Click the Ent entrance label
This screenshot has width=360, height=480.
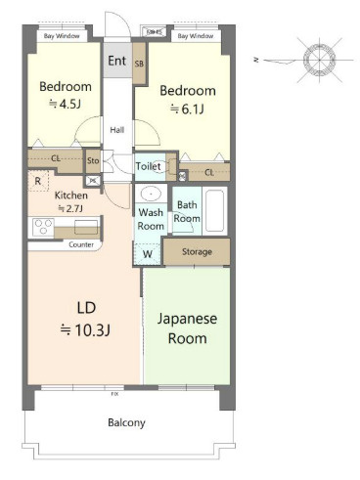[116, 61]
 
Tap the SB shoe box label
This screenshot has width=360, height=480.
[139, 64]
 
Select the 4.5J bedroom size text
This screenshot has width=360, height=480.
[65, 104]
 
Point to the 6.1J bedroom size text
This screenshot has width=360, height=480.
[187, 109]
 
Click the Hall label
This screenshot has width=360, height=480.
[116, 130]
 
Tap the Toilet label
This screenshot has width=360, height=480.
[149, 166]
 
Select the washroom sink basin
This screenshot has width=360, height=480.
[151, 194]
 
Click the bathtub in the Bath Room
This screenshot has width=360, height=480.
[214, 210]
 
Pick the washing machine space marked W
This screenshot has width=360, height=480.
[148, 254]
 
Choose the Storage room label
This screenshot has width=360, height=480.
[197, 251]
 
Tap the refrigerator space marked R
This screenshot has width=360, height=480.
[38, 181]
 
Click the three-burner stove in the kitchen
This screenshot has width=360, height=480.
[43, 227]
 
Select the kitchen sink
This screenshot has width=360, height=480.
[86, 227]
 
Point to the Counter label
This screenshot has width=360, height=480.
[81, 244]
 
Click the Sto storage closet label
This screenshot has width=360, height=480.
[93, 160]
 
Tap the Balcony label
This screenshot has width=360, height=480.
[126, 422]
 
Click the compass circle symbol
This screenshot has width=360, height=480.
[319, 60]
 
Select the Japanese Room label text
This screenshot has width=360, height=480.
[187, 328]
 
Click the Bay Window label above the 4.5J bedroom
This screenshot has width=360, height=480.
[62, 36]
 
